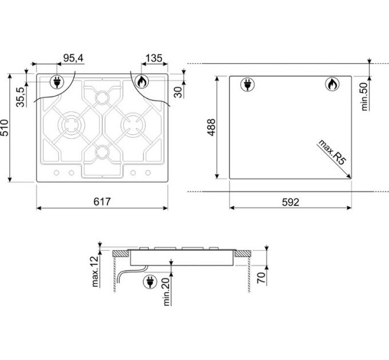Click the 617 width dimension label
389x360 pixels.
click(102, 202)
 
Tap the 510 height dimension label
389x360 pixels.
click(5, 128)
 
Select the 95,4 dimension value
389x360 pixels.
click(73, 58)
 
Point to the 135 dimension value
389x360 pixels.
click(154, 58)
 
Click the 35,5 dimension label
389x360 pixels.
click(21, 97)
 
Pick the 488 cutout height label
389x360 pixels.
click(211, 127)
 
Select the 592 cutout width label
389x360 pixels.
click(291, 202)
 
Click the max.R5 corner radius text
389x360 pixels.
click(332, 152)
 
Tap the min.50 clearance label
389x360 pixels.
click(364, 97)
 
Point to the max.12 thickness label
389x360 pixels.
click(96, 271)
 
